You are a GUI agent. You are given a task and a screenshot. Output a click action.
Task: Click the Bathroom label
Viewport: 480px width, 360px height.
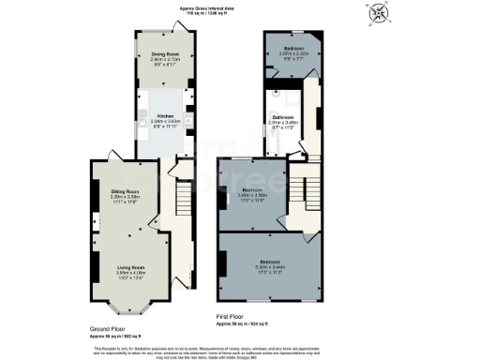[x=283, y=118]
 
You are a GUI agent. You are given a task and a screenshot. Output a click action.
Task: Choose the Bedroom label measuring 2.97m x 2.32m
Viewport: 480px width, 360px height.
[x=292, y=51]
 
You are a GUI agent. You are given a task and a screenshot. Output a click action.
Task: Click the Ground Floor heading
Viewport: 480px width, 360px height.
[x=111, y=329]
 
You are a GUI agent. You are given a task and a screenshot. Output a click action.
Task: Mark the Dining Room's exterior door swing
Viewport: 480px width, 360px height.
[x=193, y=33]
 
